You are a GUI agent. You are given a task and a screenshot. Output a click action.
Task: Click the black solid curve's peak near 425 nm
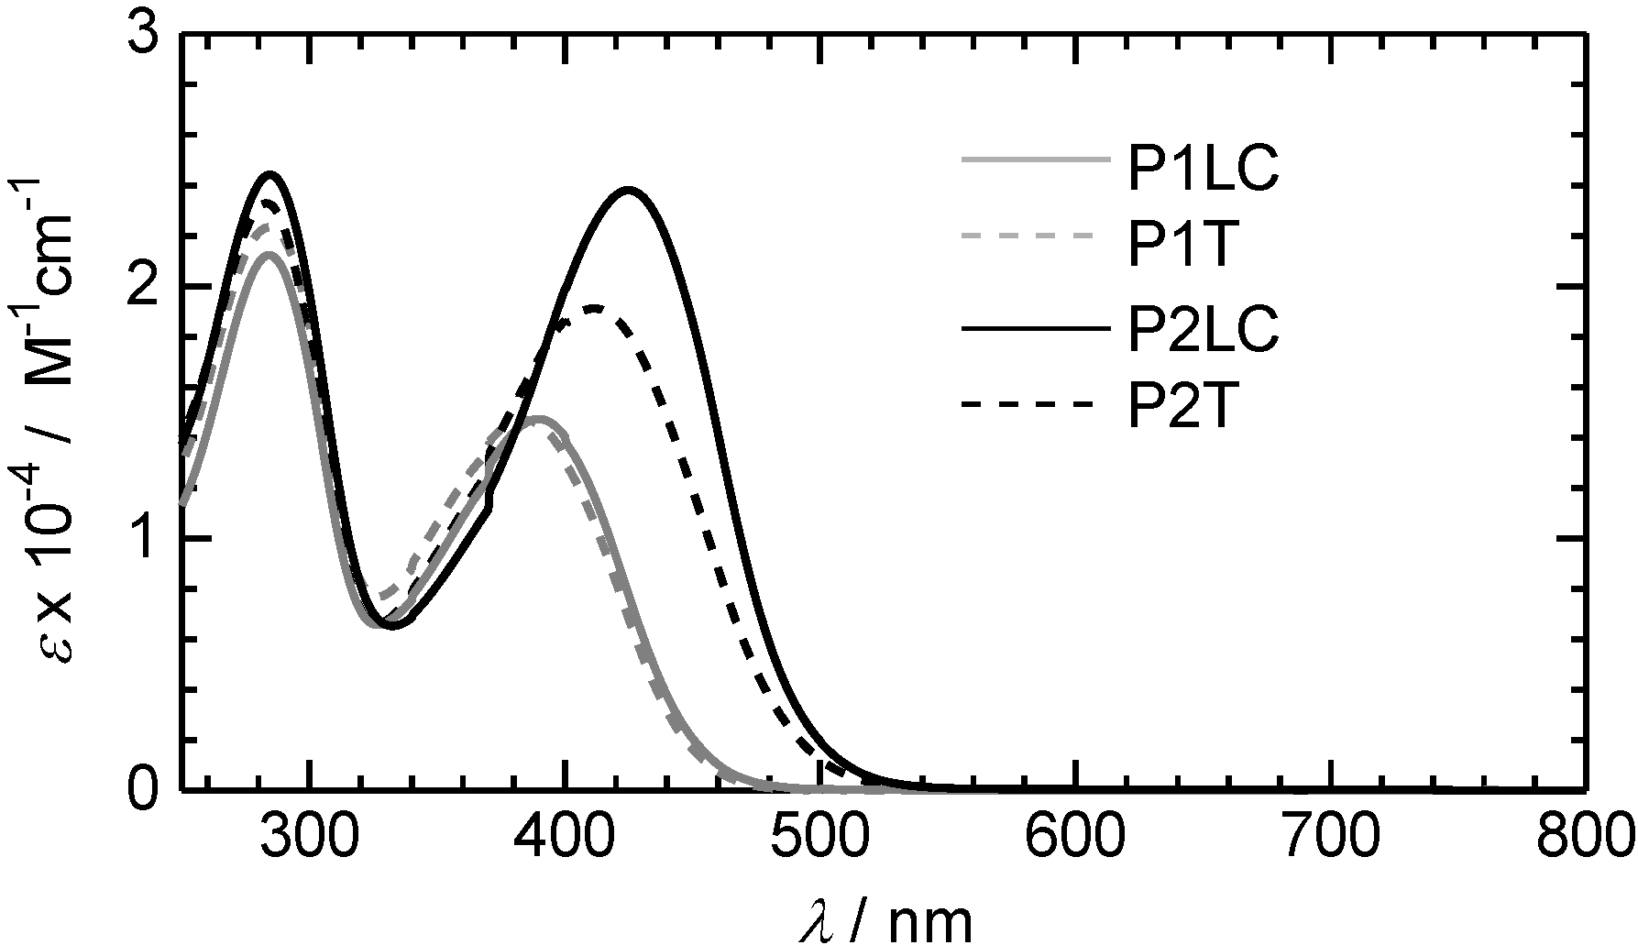pos(628,190)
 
